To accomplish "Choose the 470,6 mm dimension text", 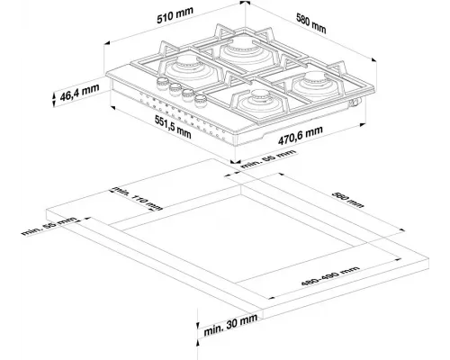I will point(300,136).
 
